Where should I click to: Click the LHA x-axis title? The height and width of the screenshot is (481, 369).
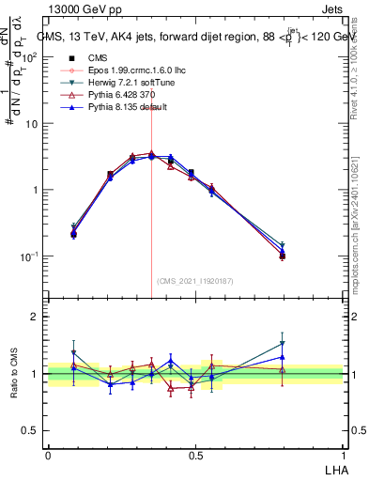tap(335, 467)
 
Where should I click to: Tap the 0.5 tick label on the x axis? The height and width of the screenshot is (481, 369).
tap(195, 454)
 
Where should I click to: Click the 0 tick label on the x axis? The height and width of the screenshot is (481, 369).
tap(48, 454)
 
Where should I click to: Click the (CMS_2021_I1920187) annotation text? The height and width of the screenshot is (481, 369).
tap(195, 281)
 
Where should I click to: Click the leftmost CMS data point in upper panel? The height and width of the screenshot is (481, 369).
tap(73, 234)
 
